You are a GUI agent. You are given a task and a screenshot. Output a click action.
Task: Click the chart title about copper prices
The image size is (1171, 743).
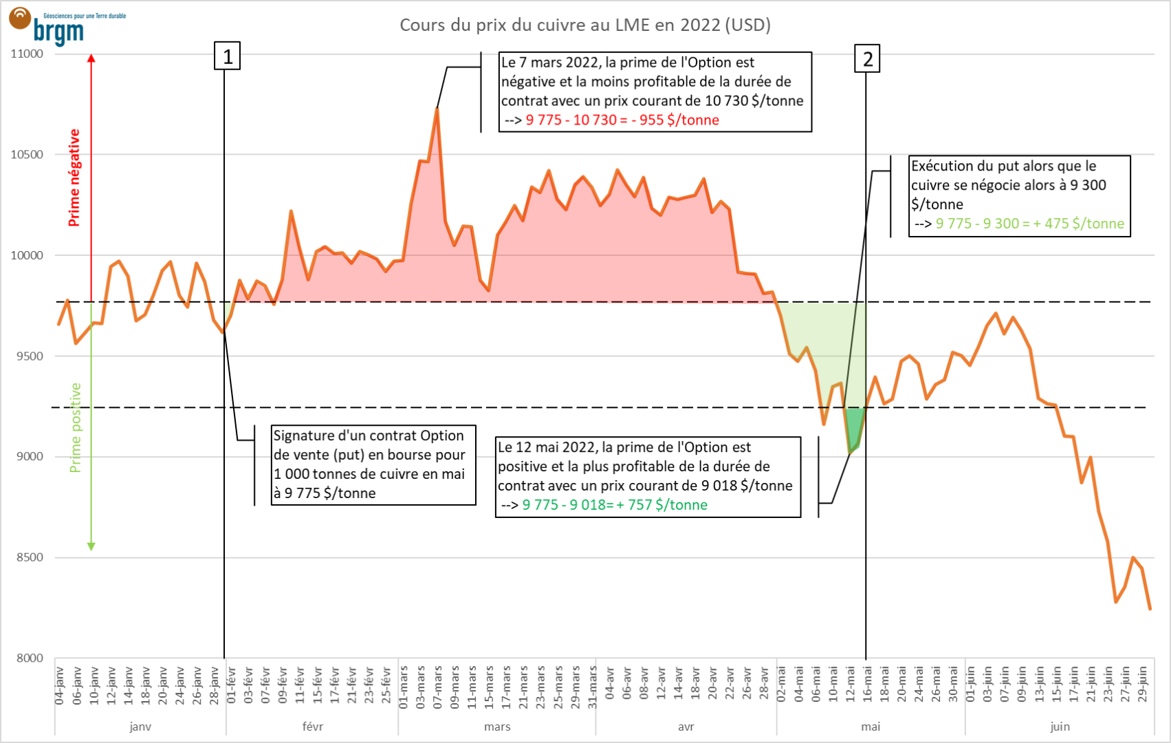[x=585, y=25]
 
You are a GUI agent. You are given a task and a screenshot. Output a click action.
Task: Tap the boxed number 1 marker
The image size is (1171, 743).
[x=228, y=56]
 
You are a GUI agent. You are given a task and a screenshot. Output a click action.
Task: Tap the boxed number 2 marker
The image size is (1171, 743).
[x=867, y=59]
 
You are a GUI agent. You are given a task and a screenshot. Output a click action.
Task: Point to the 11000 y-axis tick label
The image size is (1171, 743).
[x=27, y=54]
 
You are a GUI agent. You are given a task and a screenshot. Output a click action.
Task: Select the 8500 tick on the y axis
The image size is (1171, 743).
[x=30, y=557]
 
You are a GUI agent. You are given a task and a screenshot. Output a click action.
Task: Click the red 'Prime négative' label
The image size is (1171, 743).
[x=74, y=177]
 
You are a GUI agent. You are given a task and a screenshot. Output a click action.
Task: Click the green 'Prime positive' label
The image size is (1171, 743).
[x=75, y=427]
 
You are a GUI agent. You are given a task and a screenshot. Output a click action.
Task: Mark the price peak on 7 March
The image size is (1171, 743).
[x=437, y=109]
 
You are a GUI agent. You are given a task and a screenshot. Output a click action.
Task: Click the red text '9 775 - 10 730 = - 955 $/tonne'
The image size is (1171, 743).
[x=622, y=120]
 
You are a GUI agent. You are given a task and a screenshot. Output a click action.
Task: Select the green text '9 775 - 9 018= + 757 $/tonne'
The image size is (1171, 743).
[x=615, y=505]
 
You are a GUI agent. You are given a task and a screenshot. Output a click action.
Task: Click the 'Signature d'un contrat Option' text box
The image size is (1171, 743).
[x=373, y=464]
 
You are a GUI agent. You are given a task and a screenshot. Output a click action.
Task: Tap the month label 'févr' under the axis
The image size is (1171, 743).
[x=312, y=726]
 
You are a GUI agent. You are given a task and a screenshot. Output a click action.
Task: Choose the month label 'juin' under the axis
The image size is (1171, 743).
[x=1060, y=726]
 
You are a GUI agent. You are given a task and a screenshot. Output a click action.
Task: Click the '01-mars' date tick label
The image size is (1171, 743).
[x=404, y=687]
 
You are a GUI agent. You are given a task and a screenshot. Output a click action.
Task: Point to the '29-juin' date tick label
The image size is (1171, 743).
[x=1143, y=684]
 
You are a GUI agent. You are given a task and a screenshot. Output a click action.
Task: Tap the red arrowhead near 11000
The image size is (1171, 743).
[x=91, y=58]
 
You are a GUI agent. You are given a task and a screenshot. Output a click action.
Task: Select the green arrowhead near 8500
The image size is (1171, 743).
[x=91, y=546]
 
